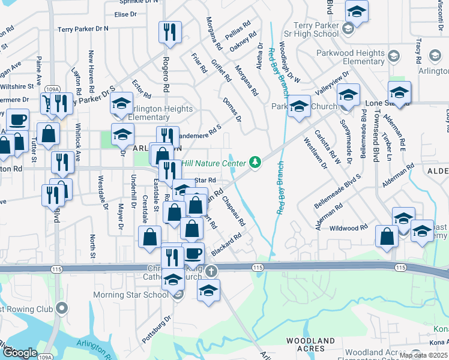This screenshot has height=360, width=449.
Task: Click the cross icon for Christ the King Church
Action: coord(211,271)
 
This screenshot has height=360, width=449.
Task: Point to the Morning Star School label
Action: coord(130,295)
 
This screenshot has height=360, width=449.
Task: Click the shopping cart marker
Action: coord(46,103)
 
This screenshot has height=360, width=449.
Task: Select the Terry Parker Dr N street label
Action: coord(83,28)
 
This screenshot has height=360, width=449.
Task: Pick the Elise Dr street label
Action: coord(125,14)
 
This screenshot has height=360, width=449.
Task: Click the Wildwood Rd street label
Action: coord(348,228)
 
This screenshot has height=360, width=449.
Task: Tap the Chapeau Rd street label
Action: coord(234,209)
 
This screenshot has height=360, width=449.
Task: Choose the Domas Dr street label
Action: coord(231,109)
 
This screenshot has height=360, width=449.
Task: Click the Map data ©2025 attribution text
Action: coord(423,355)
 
